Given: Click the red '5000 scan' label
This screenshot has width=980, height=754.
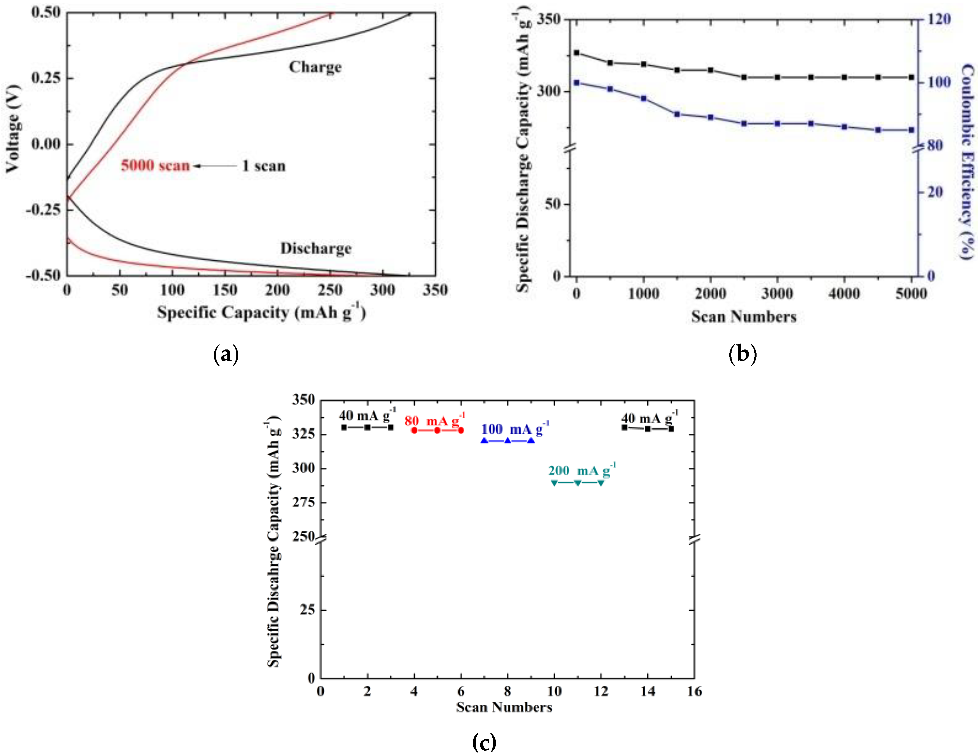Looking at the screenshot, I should pos(155,166).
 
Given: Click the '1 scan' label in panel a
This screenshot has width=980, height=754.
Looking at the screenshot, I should pos(264,166).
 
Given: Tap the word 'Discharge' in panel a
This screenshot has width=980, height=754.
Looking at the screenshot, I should pos(316,248).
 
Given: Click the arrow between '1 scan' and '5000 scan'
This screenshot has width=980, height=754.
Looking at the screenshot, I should pos(215,166).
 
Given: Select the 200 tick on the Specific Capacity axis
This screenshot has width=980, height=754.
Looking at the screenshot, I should pos(277,290).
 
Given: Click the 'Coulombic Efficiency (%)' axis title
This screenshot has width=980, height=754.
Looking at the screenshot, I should pos(967,162).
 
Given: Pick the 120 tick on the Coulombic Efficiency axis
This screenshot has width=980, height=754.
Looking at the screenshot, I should pos(939,19).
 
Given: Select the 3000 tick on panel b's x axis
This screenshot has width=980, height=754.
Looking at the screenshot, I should pos(777,294).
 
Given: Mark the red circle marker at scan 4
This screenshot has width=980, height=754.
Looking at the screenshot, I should pos(414,430).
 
